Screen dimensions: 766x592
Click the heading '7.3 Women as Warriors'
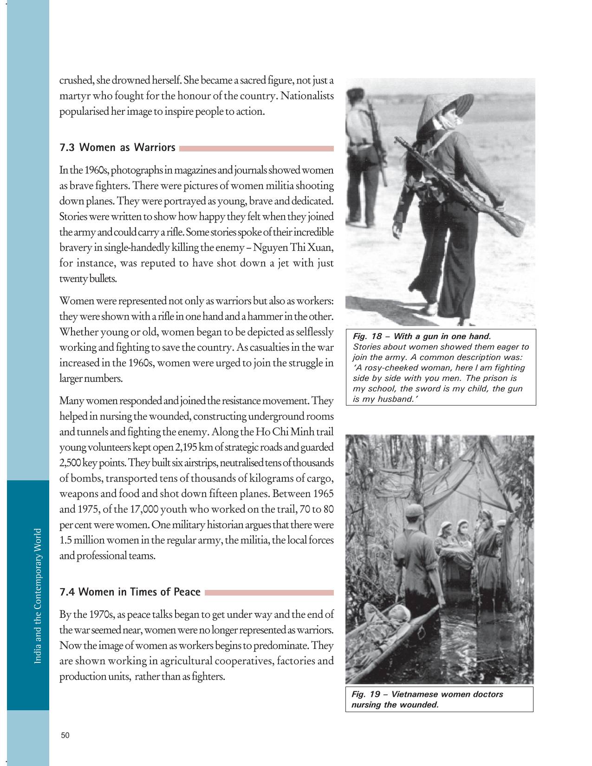pos(117,148)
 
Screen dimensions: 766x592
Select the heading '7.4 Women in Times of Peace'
pos(130,592)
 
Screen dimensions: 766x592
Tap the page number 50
pos(65,735)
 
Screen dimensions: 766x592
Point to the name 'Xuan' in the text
pos(322,247)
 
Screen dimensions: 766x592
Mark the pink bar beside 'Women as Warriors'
pos(256,149)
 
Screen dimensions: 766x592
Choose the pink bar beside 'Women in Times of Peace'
pos(269,593)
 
